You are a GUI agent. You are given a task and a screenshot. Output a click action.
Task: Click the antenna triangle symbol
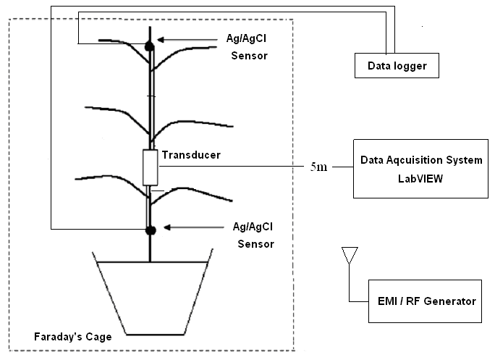(350, 255)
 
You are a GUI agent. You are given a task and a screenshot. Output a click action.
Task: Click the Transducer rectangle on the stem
(151, 167)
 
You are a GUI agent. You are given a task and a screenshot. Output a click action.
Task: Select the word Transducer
(191, 154)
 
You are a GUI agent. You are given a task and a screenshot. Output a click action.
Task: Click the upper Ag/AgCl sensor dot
(151, 46)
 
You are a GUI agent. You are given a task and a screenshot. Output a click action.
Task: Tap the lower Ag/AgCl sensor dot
(151, 230)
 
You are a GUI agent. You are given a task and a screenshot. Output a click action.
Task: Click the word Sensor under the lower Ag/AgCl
(257, 243)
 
